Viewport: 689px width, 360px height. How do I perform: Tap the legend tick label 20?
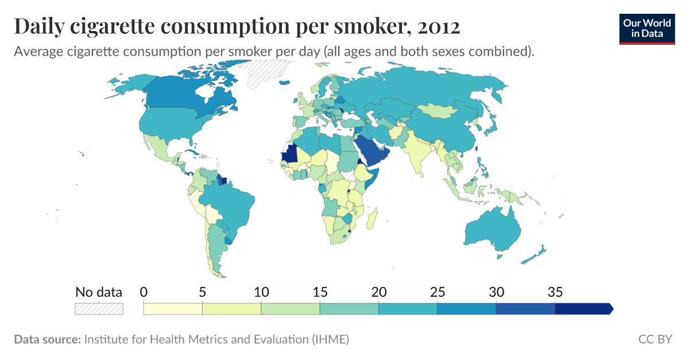coord(378,292)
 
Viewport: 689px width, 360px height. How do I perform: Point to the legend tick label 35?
coord(555,292)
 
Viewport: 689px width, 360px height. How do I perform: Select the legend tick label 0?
coord(144,292)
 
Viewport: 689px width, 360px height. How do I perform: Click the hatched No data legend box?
coord(99,309)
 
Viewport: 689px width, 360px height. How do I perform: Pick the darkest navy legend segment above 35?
coord(583,309)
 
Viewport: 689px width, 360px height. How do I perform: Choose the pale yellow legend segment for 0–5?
coord(173,309)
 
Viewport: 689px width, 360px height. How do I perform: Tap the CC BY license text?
coord(655,339)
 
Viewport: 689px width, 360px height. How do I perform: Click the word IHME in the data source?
coord(328,339)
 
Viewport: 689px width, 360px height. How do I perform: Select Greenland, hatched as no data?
coord(268,75)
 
